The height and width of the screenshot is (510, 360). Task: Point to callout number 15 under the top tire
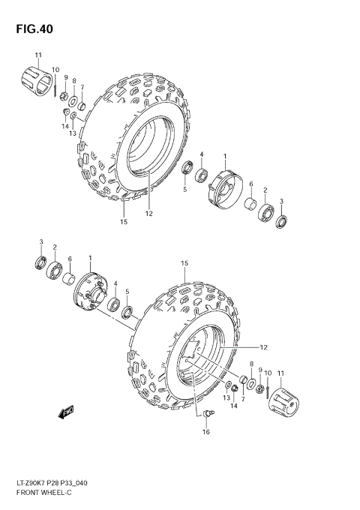point(124,222)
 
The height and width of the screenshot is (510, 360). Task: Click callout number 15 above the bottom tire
point(184,263)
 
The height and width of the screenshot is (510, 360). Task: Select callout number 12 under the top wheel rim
point(148,214)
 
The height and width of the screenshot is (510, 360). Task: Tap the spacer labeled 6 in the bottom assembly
point(70,280)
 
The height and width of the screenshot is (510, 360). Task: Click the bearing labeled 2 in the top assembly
point(265,212)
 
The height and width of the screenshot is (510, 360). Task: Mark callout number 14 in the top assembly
point(64,127)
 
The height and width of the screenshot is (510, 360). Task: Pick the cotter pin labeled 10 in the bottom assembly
point(267,387)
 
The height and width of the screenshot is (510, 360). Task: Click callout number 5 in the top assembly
point(184,190)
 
